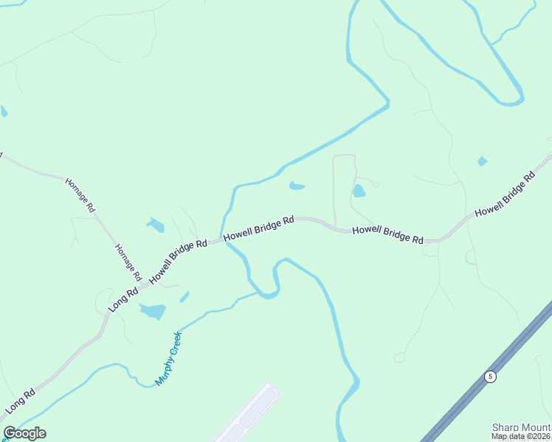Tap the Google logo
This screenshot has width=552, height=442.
24,433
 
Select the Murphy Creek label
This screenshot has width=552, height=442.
168,359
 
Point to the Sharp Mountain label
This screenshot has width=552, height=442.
521,427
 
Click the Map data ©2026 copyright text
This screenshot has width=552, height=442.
521,436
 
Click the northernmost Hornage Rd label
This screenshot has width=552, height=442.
80,195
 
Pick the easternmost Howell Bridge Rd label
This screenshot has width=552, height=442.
505,194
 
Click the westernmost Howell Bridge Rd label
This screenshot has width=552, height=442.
179,261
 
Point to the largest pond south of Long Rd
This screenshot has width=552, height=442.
153,311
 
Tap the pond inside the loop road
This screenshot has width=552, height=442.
359,192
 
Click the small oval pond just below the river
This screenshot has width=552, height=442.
297,186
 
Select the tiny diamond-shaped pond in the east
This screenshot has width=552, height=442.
482,161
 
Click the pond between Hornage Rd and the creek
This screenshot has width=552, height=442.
156,225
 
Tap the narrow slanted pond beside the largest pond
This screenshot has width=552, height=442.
184,297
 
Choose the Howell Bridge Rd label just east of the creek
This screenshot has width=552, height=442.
259,227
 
